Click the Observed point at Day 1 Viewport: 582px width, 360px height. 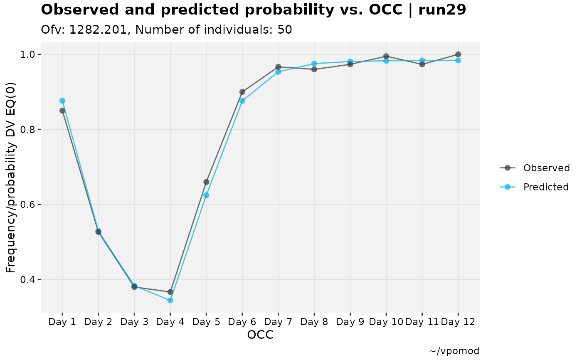click(62, 111)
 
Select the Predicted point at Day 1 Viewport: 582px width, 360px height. click(62, 101)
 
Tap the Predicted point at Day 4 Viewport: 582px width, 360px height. click(170, 301)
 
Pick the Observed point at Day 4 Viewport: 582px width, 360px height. click(170, 292)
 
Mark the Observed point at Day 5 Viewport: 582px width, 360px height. click(206, 182)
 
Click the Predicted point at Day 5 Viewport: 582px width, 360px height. click(206, 195)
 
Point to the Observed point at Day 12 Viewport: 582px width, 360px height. click(458, 54)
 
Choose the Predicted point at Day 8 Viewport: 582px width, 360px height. click(314, 64)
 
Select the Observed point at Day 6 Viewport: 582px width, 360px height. click(242, 92)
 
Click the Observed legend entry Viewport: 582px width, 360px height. click(535, 168)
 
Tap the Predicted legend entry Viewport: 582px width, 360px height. click(534, 187)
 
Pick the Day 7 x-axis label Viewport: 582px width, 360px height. click(278, 322)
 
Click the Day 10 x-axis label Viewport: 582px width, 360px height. click(386, 322)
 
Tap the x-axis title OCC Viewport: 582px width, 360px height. click(260, 335)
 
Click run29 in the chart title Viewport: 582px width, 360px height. click(442, 10)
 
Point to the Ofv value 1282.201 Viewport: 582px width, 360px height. click(98, 30)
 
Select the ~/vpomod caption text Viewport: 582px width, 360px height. click(454, 351)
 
